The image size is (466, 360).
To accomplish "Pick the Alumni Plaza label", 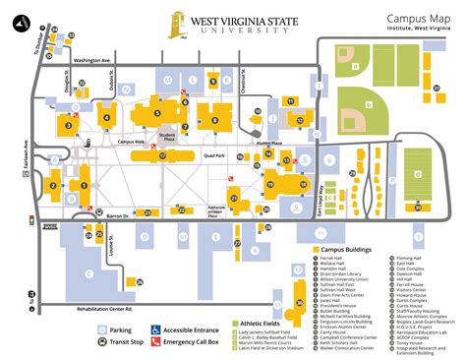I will [x=268, y=143].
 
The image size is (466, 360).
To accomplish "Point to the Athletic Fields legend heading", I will [x=262, y=323].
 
